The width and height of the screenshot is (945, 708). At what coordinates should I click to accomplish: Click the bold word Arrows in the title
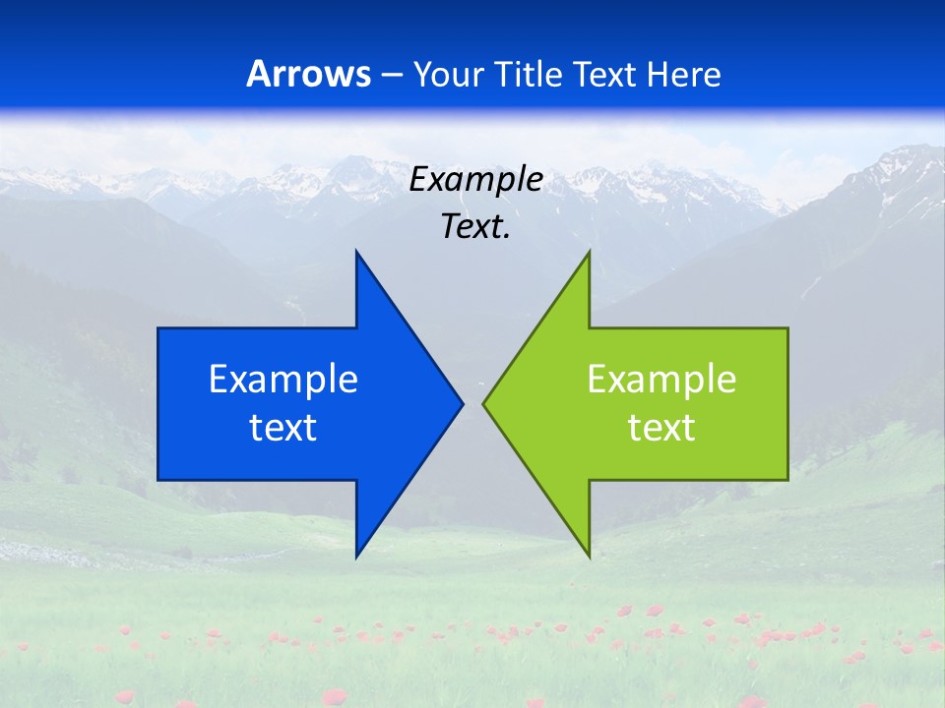coord(308,74)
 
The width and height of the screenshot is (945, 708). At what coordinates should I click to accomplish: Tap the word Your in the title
coord(446,74)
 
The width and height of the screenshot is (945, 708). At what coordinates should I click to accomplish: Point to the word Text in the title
coord(607,74)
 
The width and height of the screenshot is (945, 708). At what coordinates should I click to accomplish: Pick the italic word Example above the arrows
coord(476,180)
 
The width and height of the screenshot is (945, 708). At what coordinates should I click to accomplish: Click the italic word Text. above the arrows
coord(476,227)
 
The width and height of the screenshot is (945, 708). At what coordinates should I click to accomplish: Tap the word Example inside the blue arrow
coord(283,379)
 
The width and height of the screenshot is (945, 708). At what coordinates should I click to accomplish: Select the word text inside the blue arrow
coord(283,428)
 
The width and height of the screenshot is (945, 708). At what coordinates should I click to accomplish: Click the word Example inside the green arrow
coord(661,379)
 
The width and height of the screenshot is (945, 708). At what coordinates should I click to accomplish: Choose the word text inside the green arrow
coord(661,428)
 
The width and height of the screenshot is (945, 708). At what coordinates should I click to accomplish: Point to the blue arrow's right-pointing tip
coord(462,403)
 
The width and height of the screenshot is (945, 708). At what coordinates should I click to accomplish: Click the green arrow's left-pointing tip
coord(483,403)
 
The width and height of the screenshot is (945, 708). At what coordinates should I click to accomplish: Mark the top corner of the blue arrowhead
coord(356,252)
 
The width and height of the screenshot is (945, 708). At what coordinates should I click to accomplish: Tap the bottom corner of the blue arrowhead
coord(356,557)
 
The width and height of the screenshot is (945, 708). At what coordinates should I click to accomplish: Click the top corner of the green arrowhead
coord(589,252)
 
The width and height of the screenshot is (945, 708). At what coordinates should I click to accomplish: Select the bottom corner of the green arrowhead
coord(589,557)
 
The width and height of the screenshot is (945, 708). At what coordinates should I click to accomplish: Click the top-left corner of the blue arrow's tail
coord(158,328)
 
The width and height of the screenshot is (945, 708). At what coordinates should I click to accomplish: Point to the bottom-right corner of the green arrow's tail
coord(787,480)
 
